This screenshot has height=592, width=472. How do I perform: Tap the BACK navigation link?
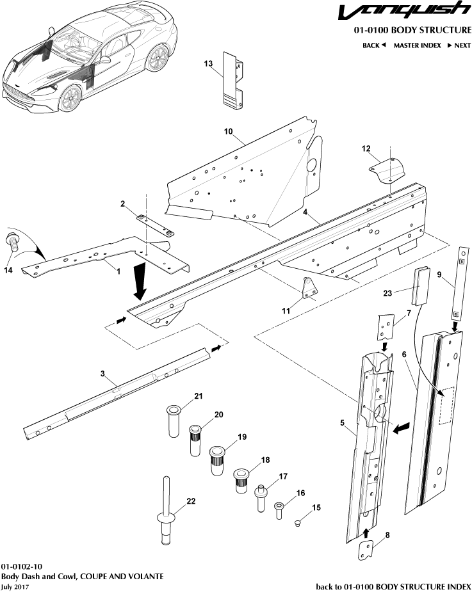pos(374,45)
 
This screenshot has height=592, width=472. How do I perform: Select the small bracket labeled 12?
pos(389,170)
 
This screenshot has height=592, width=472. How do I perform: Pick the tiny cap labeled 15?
pos(298,524)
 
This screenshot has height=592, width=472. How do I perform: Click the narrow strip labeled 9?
pos(459,282)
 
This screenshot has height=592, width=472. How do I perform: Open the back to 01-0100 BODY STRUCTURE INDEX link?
pos(394,586)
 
